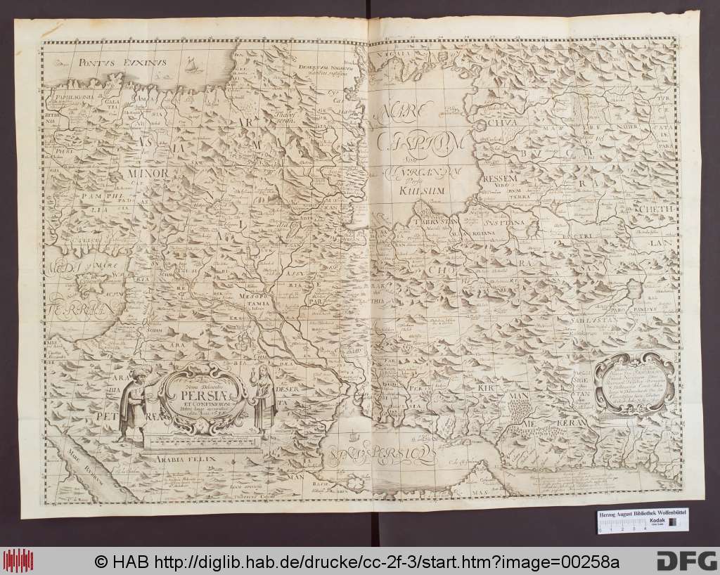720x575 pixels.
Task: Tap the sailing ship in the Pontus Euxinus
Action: [191, 67]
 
